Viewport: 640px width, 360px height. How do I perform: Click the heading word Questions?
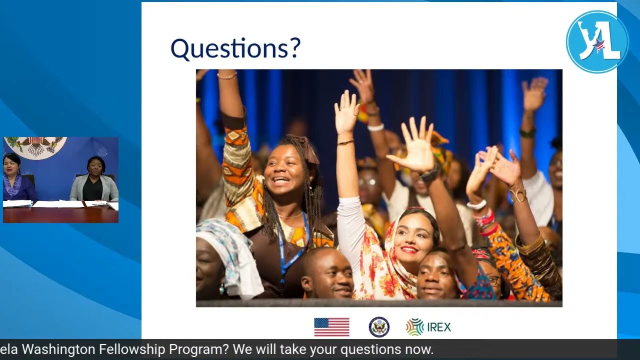(x=235, y=48)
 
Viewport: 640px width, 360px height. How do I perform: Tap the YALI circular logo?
(x=597, y=42)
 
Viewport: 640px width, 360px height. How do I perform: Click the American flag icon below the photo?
(x=331, y=327)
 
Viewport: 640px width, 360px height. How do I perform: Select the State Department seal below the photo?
(x=379, y=327)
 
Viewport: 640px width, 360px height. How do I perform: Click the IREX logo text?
(x=438, y=327)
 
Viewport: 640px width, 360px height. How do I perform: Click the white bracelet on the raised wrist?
(x=375, y=127)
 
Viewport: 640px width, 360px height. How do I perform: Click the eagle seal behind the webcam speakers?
(x=35, y=146)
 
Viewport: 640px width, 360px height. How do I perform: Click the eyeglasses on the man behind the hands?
(x=367, y=182)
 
